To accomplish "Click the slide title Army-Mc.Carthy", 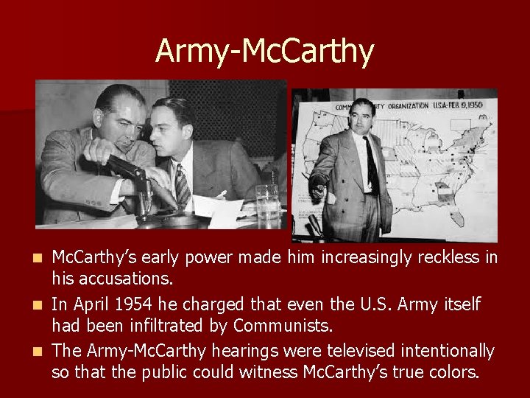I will click(x=264, y=51).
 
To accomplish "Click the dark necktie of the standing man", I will click(x=372, y=165).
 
